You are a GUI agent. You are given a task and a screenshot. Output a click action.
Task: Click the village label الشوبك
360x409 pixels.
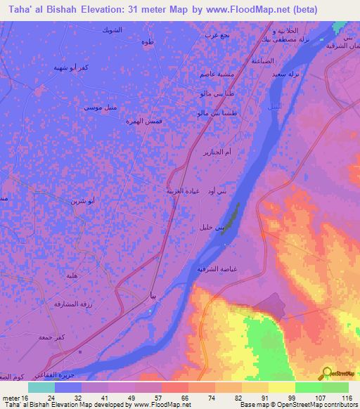pos(112,31)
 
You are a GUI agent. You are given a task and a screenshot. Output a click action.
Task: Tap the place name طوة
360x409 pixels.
pos(148,41)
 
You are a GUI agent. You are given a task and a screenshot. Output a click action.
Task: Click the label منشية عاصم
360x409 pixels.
pos(209,76)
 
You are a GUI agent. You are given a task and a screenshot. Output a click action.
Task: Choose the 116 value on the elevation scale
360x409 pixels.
pos(346,397)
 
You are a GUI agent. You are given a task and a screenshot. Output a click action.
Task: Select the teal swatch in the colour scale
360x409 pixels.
pos(41,387)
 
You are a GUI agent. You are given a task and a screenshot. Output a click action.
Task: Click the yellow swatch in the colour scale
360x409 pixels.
pos(281,387)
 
